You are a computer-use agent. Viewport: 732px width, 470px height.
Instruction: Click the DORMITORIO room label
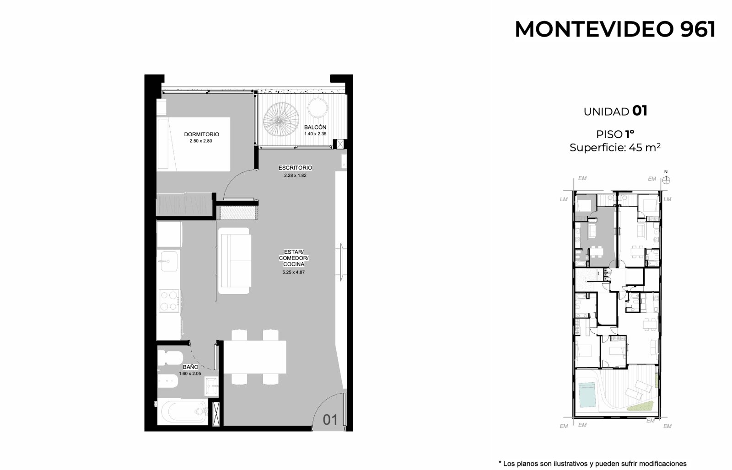(201, 134)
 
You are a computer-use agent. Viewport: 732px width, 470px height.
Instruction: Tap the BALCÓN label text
(315, 128)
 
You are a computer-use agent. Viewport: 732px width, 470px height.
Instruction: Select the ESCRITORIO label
(295, 167)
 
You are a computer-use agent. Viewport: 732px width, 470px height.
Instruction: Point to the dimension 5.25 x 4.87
(293, 272)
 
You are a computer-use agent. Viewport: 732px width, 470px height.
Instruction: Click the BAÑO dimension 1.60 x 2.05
(190, 374)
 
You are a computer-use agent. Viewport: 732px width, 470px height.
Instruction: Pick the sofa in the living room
(235, 261)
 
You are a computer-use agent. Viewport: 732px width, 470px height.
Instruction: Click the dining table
(255, 357)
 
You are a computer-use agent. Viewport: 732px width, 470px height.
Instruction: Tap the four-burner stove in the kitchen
(169, 301)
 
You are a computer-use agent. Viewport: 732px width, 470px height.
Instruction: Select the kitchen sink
(168, 262)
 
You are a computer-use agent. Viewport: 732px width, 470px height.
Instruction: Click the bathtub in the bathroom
(183, 412)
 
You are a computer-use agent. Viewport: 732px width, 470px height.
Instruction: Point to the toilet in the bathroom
(170, 358)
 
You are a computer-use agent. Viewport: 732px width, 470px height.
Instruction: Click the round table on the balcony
(318, 107)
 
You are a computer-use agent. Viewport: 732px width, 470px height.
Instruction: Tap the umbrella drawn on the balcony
(281, 119)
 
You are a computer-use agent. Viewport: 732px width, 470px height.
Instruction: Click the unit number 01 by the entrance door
(330, 420)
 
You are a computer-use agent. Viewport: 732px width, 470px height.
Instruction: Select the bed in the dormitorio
(194, 144)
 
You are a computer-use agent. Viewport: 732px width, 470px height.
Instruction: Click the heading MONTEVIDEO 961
(615, 29)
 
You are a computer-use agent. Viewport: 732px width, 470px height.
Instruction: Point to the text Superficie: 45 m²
(615, 148)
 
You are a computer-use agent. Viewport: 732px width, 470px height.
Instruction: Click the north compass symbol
(666, 180)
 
